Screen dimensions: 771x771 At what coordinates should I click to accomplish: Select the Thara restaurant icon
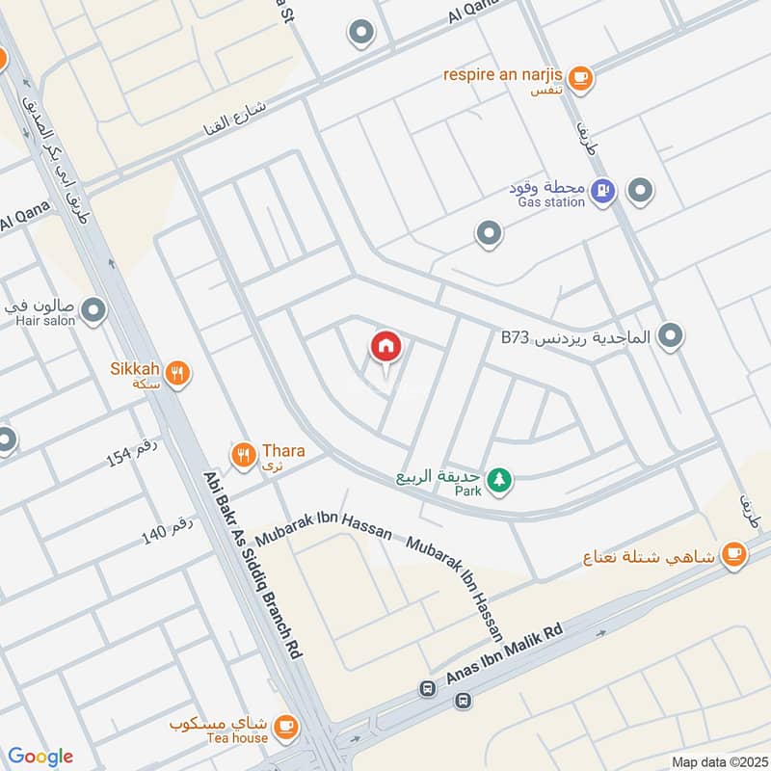tap(243, 452)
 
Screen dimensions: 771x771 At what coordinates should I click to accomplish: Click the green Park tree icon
tap(498, 478)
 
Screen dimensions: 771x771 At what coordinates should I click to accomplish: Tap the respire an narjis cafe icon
tap(579, 77)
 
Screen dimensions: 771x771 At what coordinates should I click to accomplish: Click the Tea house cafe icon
tap(285, 724)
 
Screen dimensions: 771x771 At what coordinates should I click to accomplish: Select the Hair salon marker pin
tap(93, 310)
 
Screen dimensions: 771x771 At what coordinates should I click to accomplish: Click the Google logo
tap(40, 757)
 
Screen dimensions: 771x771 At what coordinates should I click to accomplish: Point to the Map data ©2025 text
tap(717, 761)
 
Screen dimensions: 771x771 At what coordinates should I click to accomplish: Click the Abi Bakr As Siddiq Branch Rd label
tap(253, 564)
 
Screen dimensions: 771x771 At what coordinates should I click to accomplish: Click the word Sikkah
tap(134, 367)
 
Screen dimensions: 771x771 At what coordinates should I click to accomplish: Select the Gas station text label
tap(550, 202)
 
